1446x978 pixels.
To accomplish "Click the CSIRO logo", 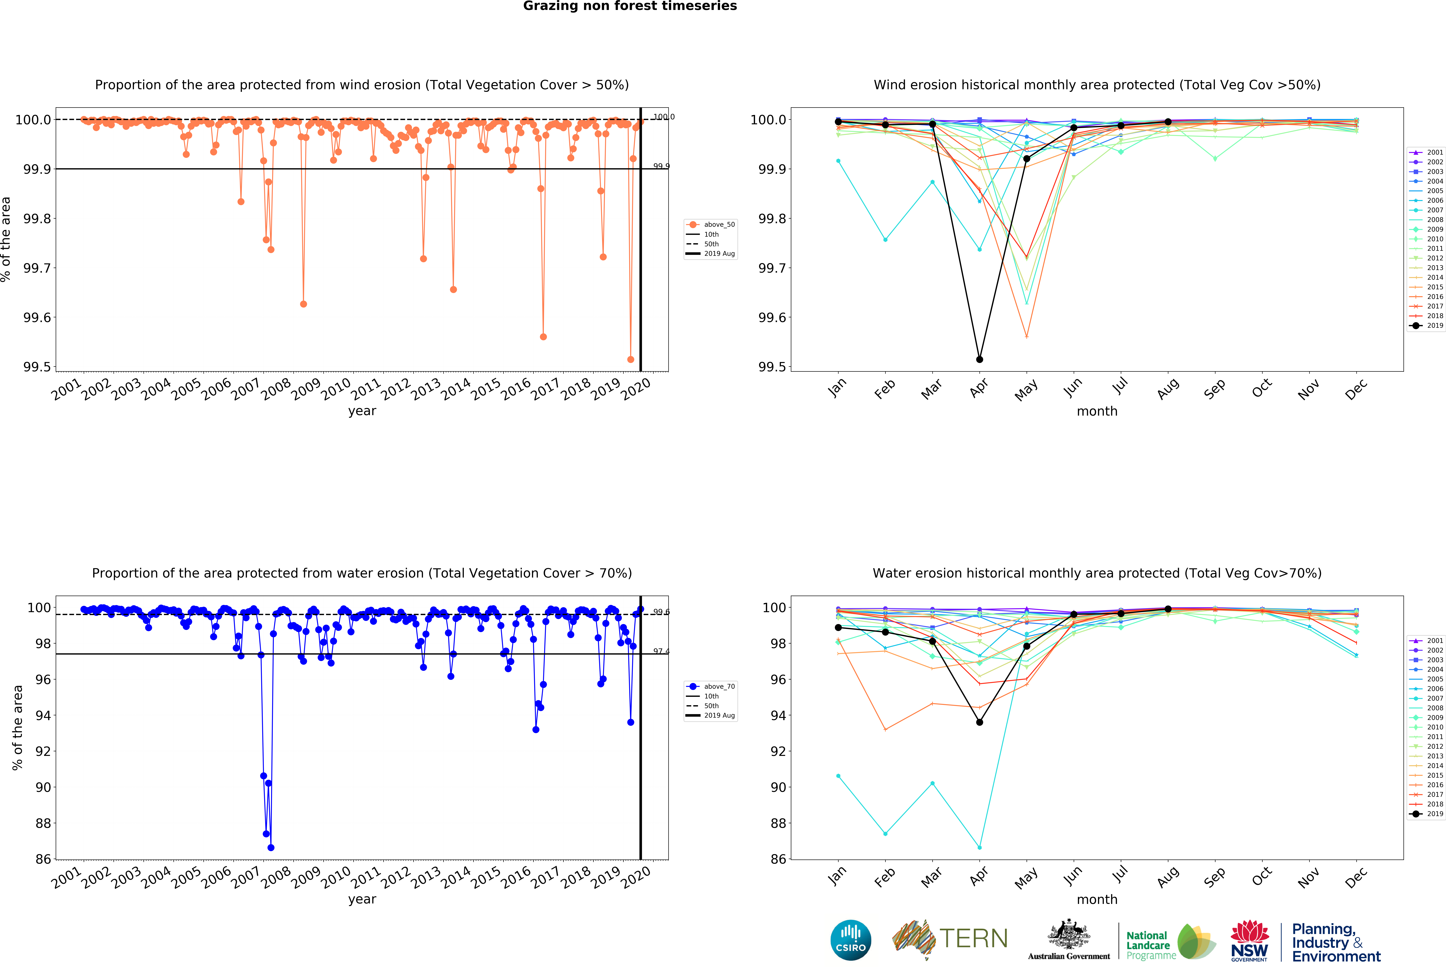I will (850, 940).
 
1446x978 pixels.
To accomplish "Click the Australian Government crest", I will (1068, 934).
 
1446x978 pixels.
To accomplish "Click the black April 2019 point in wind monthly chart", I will (979, 359).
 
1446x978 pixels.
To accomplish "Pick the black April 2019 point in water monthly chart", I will (979, 722).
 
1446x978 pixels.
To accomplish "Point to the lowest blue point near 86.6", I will (271, 847).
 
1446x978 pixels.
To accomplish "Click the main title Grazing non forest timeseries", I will (630, 6).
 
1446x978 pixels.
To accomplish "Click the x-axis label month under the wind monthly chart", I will (1097, 411).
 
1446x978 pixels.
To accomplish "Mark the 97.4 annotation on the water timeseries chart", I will (661, 651).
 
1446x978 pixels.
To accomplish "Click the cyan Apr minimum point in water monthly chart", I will (979, 847).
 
